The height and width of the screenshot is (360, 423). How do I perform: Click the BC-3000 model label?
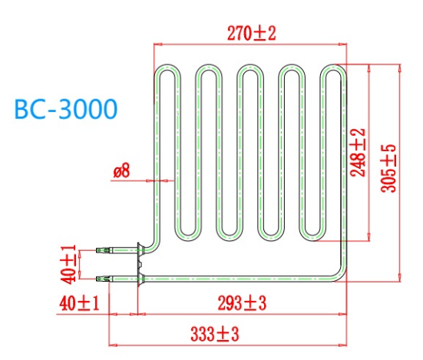(x=66, y=109)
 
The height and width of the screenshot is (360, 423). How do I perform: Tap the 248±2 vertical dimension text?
(x=359, y=153)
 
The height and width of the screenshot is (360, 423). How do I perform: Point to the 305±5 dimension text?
(x=388, y=168)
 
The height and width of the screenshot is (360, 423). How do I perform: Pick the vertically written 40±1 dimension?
(x=69, y=263)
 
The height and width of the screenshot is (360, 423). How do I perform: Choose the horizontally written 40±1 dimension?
(x=79, y=303)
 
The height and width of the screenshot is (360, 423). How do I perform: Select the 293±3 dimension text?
(x=240, y=303)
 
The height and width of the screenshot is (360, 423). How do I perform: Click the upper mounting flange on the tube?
(x=139, y=249)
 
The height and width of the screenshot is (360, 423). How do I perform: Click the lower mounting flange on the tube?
(x=139, y=276)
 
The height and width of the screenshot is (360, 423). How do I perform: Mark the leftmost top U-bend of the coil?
(x=167, y=70)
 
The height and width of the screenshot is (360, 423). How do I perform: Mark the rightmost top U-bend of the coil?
(x=333, y=70)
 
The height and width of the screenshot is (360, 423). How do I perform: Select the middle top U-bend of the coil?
(x=250, y=70)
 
